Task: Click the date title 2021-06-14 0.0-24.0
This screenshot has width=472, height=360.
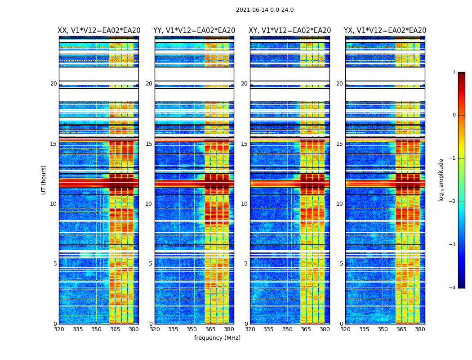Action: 265,10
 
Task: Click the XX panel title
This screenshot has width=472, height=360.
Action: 99,31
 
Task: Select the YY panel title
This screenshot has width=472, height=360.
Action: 194,31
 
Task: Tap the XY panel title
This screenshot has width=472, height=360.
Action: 290,31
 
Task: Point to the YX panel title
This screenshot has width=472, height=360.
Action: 385,31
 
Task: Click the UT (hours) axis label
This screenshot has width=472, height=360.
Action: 44,180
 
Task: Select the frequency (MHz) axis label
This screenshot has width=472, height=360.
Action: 217,338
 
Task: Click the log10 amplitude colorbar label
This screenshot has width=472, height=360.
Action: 441,180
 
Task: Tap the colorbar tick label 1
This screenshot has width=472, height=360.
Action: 454,72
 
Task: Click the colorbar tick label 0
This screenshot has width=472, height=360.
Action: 454,115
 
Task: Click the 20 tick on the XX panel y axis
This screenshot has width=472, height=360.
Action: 53,84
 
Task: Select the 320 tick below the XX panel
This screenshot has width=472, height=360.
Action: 59,329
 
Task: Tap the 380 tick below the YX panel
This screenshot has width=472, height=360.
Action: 420,329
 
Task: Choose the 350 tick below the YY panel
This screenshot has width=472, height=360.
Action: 191,329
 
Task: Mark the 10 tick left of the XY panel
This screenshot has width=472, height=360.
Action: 244,204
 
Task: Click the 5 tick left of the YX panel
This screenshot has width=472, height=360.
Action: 341,264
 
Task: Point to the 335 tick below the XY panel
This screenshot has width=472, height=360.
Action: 268,329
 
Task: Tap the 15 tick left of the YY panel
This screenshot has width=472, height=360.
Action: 149,144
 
